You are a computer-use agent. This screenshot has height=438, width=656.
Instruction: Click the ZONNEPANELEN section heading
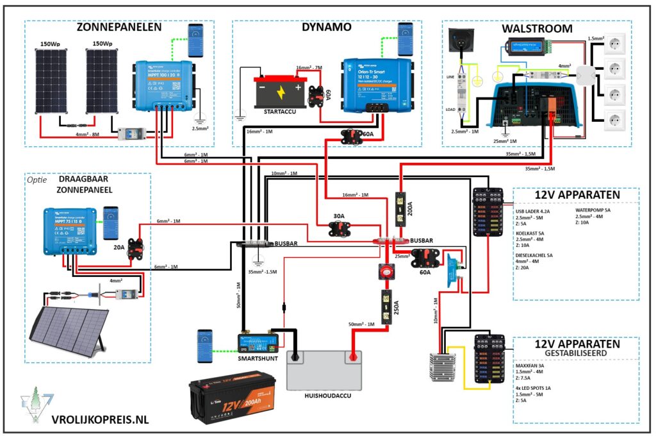tap(119, 28)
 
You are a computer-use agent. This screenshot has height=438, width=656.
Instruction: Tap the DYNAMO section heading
tap(326, 28)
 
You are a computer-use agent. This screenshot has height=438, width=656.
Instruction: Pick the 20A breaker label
tap(119, 246)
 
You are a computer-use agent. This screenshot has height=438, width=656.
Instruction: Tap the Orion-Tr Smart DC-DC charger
tap(375, 83)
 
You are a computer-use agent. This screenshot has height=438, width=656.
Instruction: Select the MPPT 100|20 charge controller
tap(163, 83)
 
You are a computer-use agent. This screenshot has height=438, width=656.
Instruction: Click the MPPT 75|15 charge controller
tap(69, 231)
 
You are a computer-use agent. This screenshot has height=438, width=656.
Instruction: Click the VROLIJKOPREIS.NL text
tap(100, 419)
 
